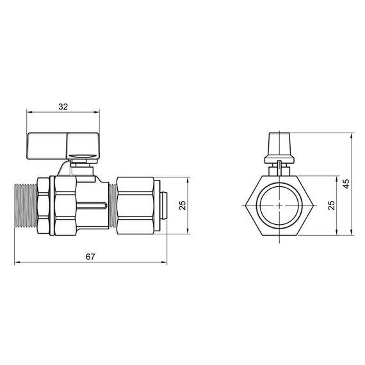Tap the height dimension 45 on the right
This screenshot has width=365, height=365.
pyautogui.click(x=346, y=183)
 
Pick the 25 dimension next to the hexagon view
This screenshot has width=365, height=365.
pyautogui.click(x=330, y=205)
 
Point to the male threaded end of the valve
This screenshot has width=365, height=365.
pyautogui.click(x=25, y=206)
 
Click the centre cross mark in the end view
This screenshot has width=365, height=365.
pyautogui.click(x=280, y=206)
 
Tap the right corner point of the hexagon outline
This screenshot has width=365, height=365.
pyautogui.click(x=314, y=206)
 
